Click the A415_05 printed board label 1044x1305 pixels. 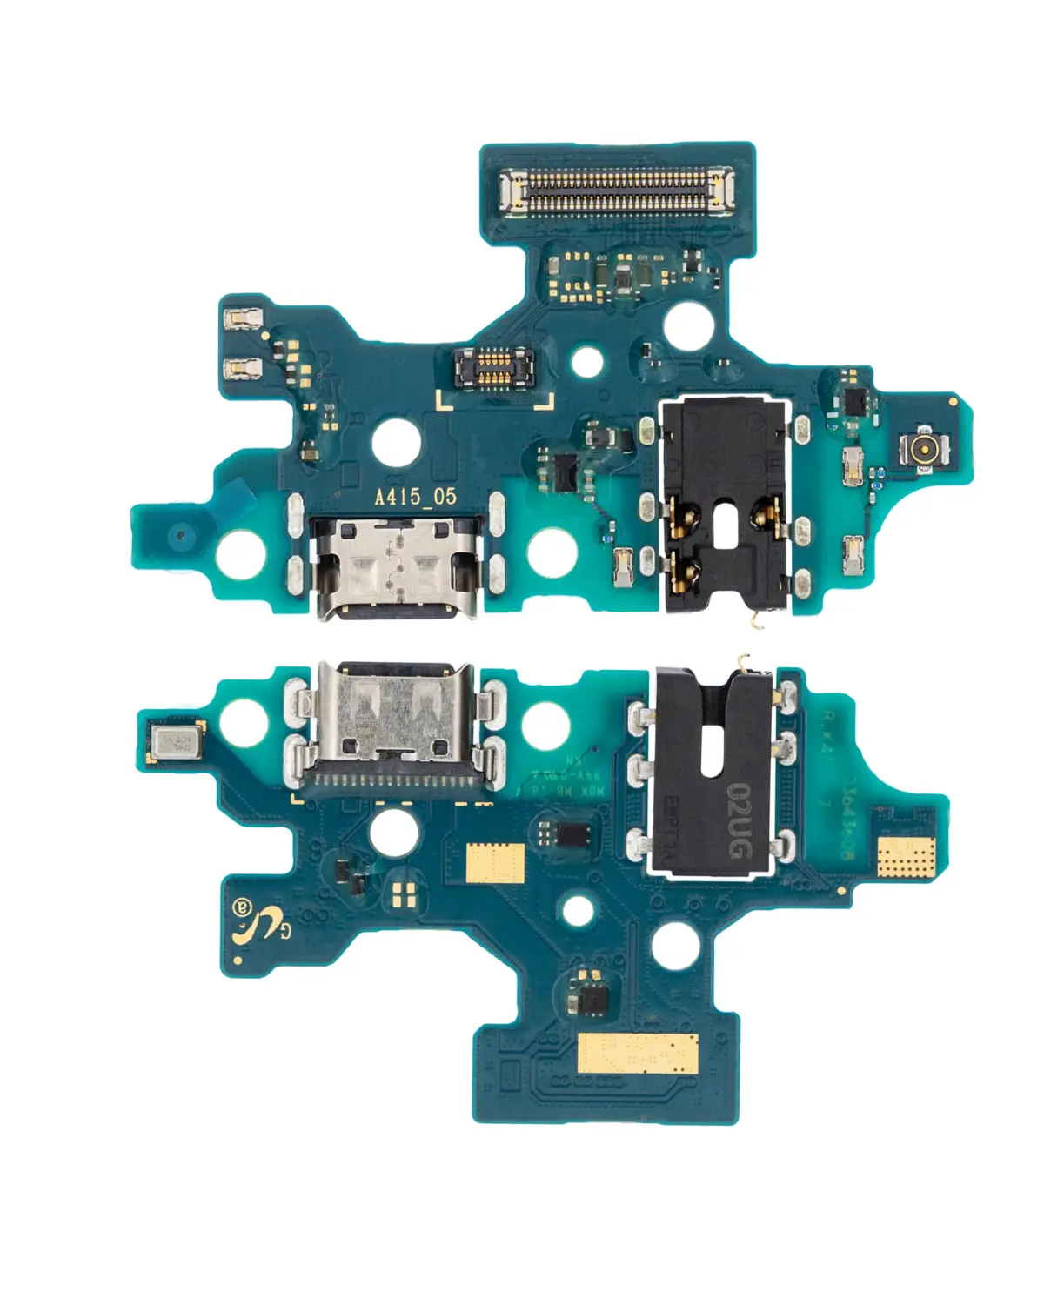click(x=415, y=497)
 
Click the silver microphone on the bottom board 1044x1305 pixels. click(x=173, y=743)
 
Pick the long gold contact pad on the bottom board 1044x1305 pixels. click(x=639, y=1054)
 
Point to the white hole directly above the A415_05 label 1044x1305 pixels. click(x=396, y=441)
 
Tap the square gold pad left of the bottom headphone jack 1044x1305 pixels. click(x=495, y=863)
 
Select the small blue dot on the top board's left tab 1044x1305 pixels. click(x=181, y=534)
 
